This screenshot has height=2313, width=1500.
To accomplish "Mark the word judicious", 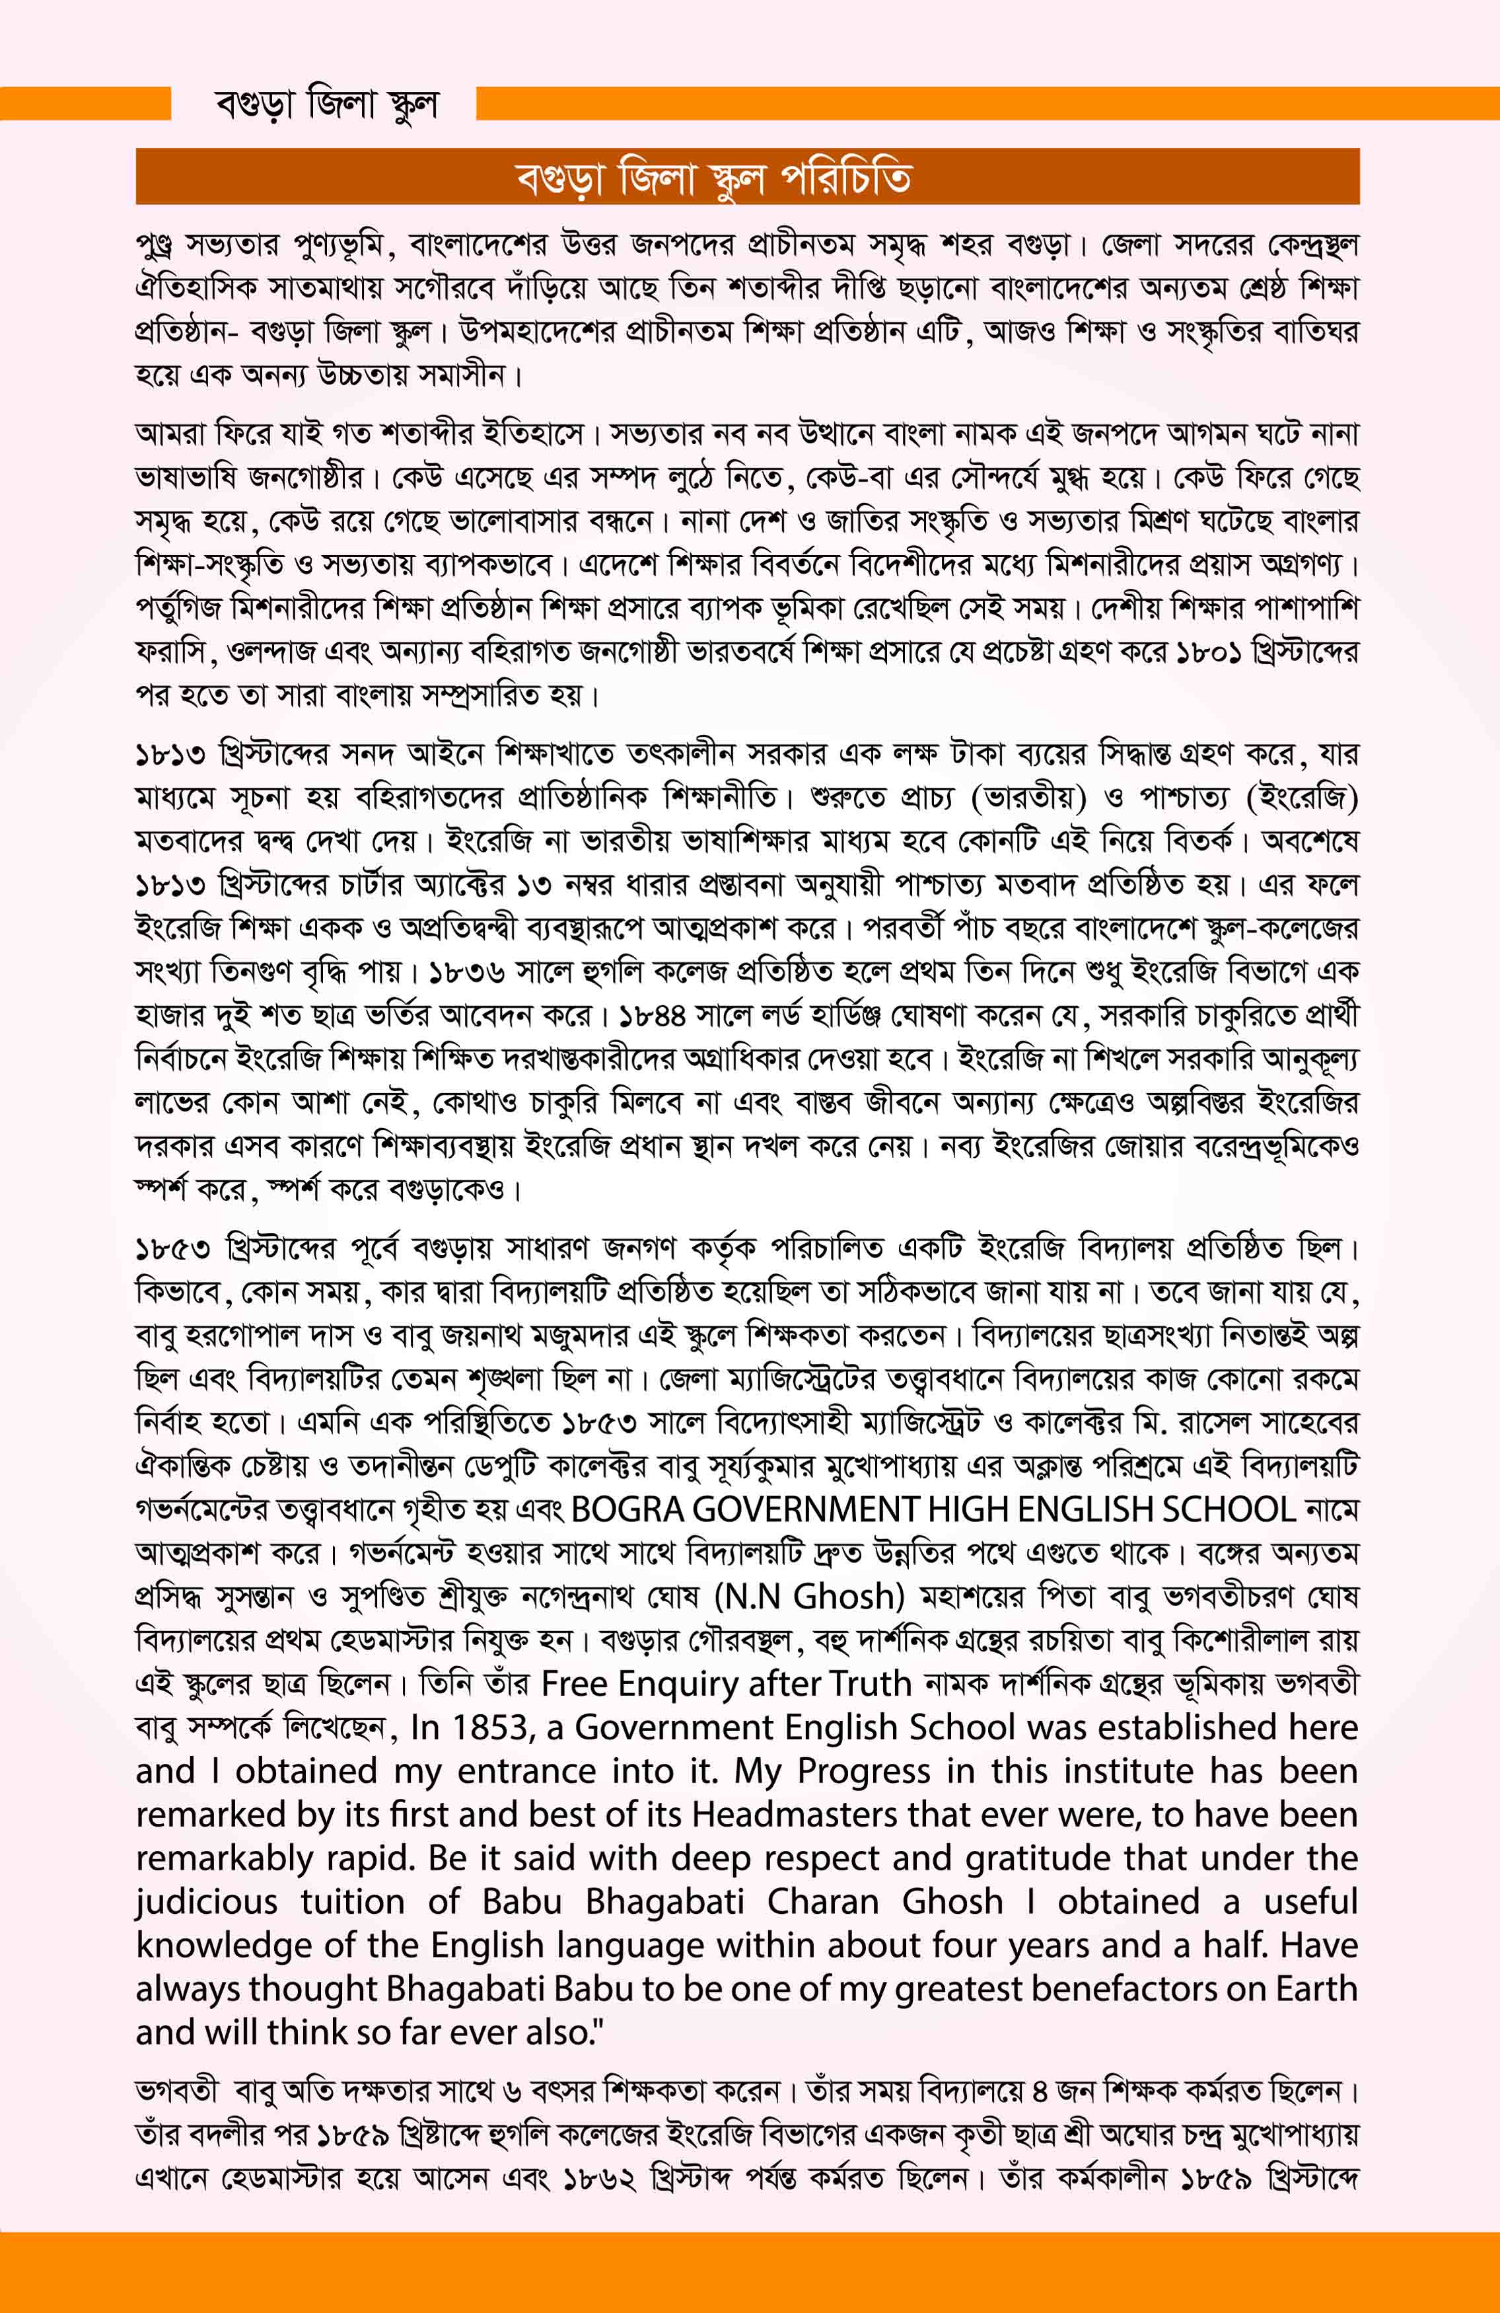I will (x=207, y=1902).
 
